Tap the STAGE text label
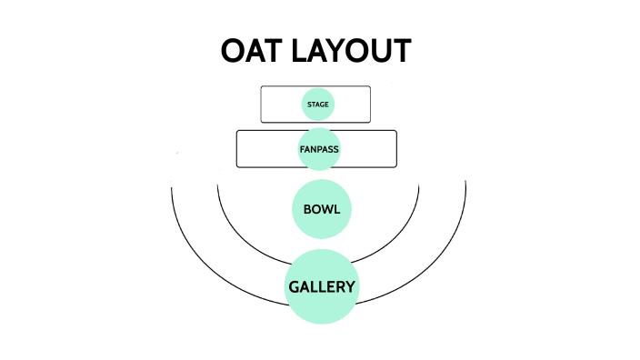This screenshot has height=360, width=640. [x=318, y=105]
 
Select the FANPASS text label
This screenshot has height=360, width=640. [x=319, y=148]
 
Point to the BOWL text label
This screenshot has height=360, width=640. [x=322, y=210]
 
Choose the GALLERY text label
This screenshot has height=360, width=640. [x=322, y=287]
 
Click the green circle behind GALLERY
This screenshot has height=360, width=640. [x=322, y=309]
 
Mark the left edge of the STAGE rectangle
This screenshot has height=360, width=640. [x=261, y=105]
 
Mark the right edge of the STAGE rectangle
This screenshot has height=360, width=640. [x=371, y=105]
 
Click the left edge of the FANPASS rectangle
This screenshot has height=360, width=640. [x=236, y=149]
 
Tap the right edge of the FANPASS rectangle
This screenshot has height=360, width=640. [x=397, y=149]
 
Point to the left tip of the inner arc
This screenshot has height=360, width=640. [x=218, y=185]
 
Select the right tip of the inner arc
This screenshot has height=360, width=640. [x=419, y=185]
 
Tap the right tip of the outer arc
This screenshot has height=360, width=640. [x=465, y=182]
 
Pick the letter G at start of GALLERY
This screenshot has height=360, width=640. [x=295, y=287]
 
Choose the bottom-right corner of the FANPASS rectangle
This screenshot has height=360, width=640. [x=395, y=166]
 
